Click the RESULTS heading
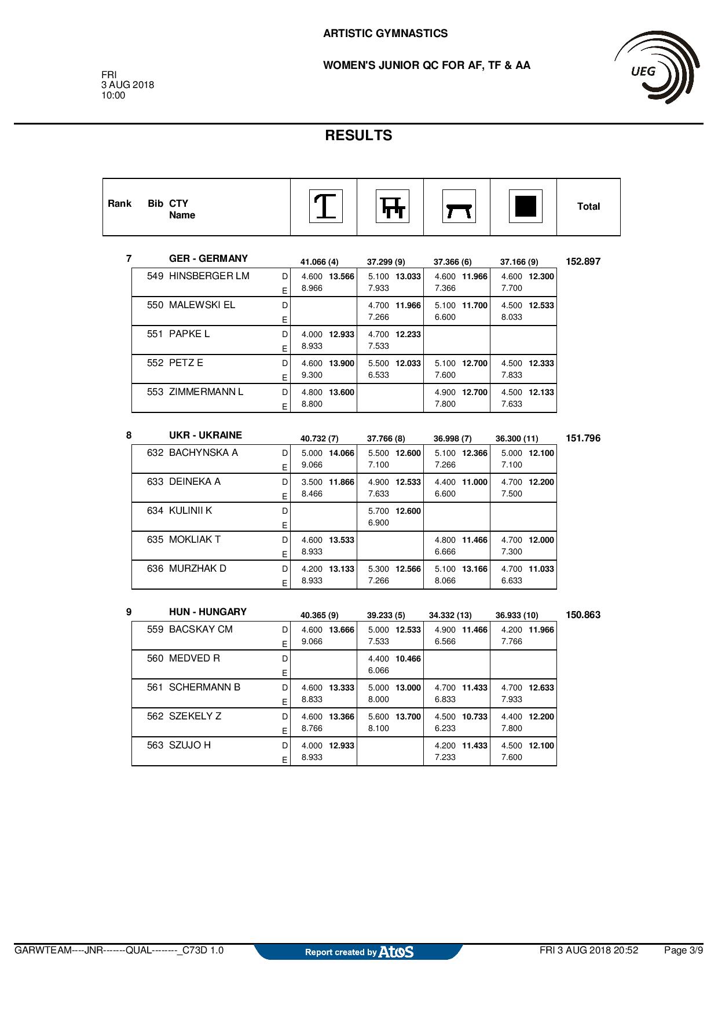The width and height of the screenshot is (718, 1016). [x=358, y=136]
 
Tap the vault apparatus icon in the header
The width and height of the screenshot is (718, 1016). [x=326, y=206]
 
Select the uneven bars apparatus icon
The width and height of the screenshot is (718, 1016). [x=393, y=206]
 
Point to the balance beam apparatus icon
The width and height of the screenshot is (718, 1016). [x=459, y=207]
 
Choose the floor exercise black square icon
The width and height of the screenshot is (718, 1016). [x=526, y=206]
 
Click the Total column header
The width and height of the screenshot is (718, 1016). [x=588, y=207]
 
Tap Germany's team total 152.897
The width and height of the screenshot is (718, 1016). [x=583, y=262]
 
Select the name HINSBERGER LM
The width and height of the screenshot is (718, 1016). [x=209, y=276]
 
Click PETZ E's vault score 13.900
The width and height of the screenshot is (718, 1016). [x=342, y=364]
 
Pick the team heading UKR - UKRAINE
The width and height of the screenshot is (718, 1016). [x=206, y=436]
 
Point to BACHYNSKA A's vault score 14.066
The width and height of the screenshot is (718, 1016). [x=342, y=454]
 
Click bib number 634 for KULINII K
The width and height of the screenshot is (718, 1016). [x=155, y=511]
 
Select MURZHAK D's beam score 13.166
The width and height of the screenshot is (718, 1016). [x=475, y=569]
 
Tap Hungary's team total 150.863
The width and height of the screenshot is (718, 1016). [x=583, y=615]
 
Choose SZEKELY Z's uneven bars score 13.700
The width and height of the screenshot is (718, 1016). [x=408, y=717]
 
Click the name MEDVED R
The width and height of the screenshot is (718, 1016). [x=195, y=659]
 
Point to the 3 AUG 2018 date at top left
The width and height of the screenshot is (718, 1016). [x=128, y=85]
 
